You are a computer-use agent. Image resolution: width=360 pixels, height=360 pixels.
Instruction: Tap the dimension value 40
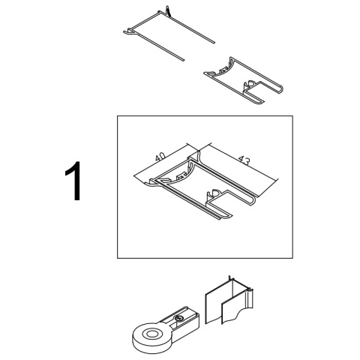(160, 157)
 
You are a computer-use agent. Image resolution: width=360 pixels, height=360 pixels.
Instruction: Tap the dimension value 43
(244, 160)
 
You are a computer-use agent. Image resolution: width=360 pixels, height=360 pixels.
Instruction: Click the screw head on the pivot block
(179, 318)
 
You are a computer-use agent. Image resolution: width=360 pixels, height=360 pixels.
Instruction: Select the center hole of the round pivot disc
(151, 334)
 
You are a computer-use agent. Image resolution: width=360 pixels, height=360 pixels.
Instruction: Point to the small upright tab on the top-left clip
(168, 10)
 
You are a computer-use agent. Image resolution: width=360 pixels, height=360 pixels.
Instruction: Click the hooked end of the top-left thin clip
(128, 31)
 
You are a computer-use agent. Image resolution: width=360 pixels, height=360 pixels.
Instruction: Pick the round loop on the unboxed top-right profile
(250, 83)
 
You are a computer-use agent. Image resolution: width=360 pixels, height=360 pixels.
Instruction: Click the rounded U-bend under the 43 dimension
(252, 200)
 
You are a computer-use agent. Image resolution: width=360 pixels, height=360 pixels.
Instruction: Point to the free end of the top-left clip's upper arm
(213, 43)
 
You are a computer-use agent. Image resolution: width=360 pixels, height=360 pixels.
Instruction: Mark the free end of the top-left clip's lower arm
(182, 60)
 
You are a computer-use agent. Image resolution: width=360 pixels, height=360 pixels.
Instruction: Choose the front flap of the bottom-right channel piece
(229, 313)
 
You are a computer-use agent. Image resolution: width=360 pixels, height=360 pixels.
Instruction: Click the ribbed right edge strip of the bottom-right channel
(250, 299)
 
